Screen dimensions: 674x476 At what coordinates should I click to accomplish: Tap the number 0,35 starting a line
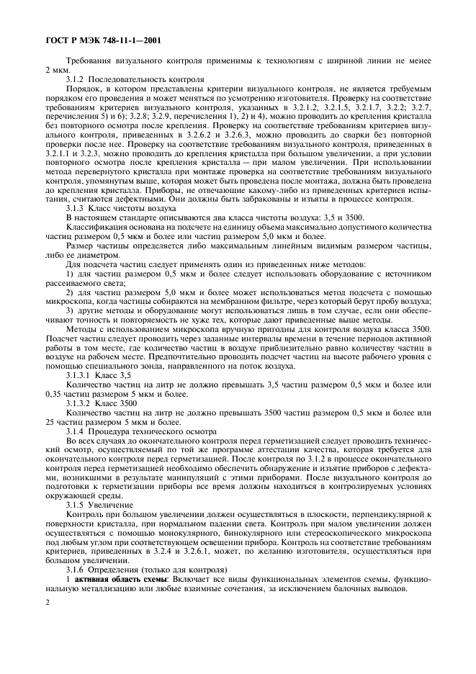pyautogui.click(x=55, y=394)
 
